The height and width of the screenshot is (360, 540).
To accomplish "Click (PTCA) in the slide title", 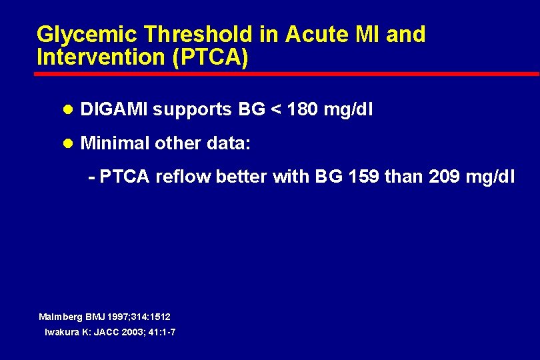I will (x=210, y=57).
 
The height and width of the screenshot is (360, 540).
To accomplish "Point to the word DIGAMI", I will (x=113, y=109).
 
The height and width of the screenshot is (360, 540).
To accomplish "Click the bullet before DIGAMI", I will (x=67, y=110).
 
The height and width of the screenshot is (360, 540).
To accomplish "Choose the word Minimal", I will (x=113, y=143).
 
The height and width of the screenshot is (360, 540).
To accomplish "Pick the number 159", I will (x=362, y=177).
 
